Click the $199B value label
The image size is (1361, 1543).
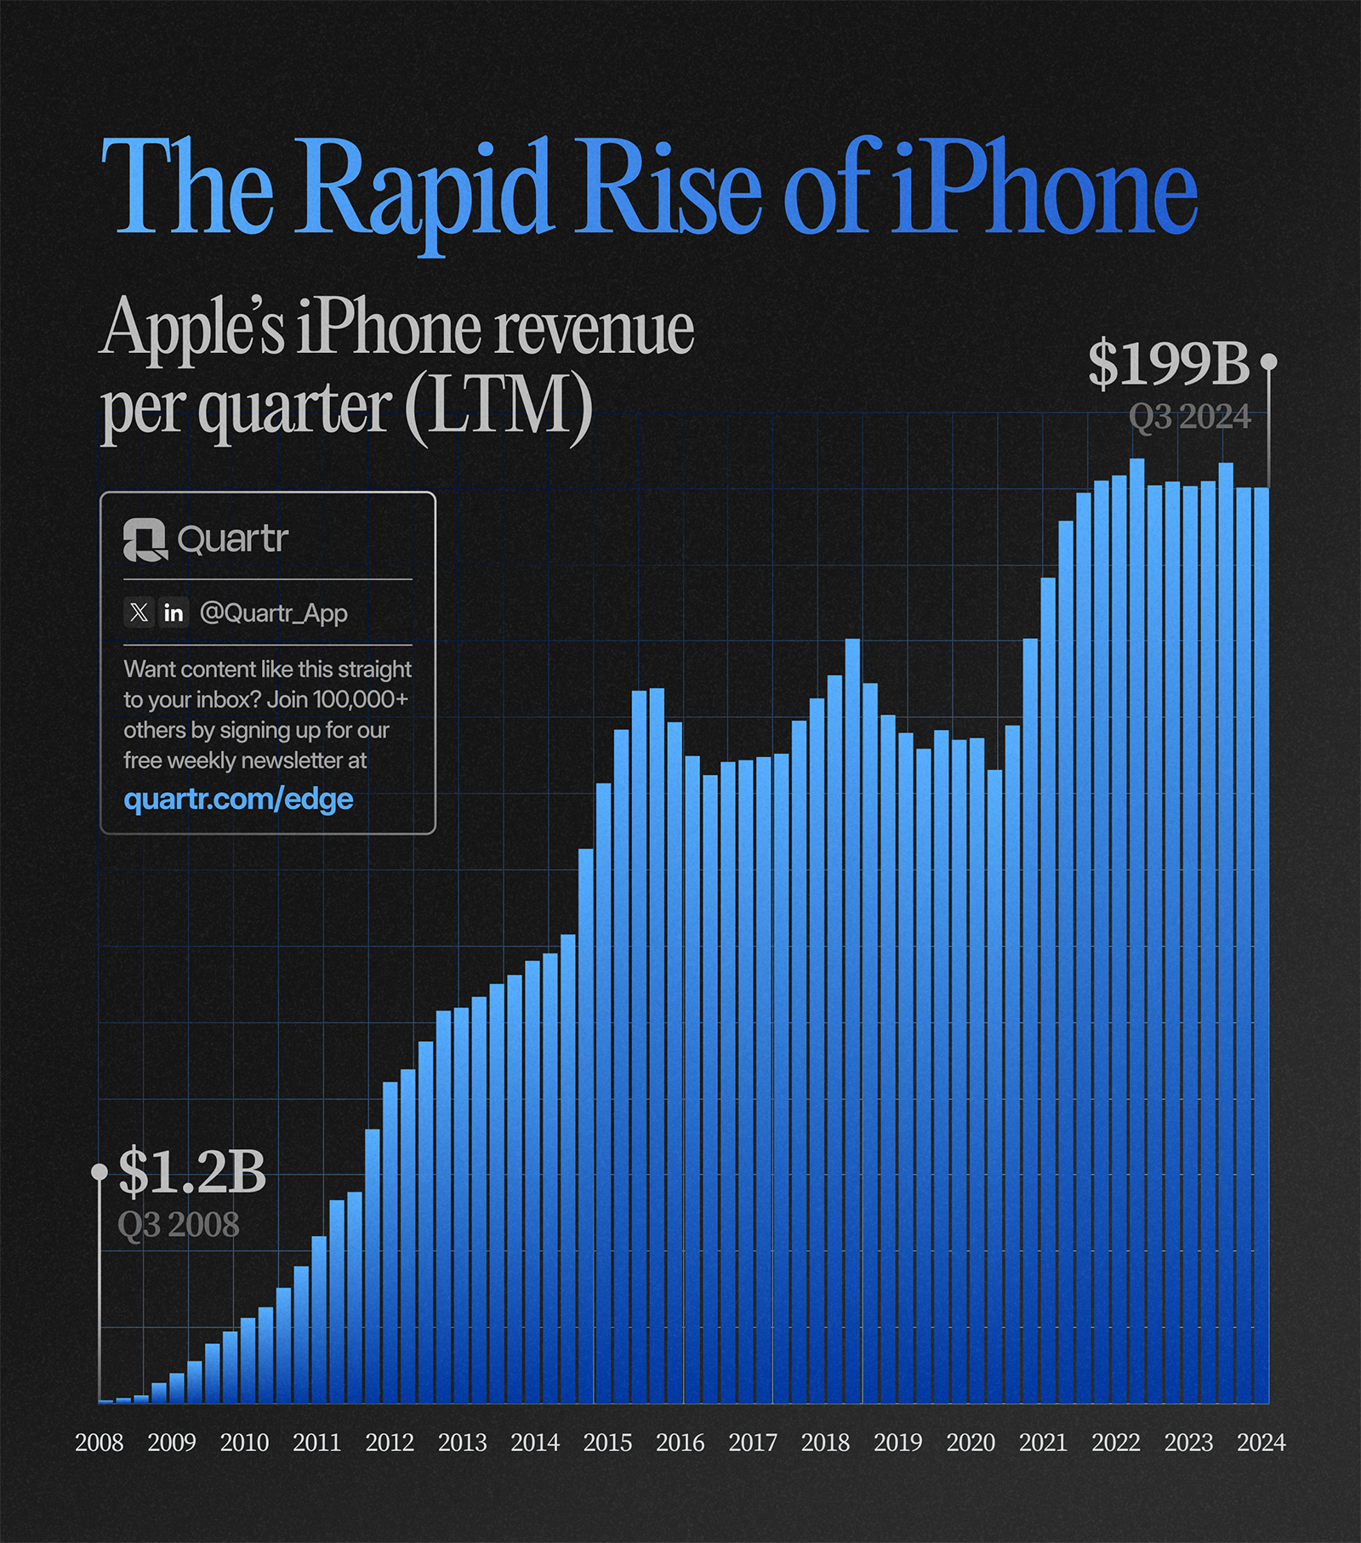(x=1169, y=364)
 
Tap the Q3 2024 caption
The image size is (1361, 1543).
(x=1189, y=418)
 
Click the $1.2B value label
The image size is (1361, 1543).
(x=192, y=1172)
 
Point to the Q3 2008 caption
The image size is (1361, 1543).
(x=179, y=1225)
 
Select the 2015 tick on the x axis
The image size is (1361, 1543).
(x=607, y=1443)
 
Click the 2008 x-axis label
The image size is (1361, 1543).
(x=100, y=1443)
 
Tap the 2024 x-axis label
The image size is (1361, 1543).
(x=1261, y=1443)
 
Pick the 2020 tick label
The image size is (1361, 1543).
(x=971, y=1443)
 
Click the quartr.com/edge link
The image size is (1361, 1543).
(x=238, y=799)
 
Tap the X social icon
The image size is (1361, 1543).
(x=139, y=612)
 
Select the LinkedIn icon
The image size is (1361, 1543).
(x=174, y=612)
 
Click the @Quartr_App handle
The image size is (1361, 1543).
(x=273, y=613)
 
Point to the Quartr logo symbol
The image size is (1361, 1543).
(x=145, y=540)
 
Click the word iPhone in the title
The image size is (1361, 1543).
(x=1044, y=189)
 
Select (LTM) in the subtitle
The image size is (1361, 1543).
(x=498, y=407)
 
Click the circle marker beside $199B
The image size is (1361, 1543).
(x=1268, y=362)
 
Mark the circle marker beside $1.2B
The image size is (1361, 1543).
(x=100, y=1172)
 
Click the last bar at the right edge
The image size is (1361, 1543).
(x=1261, y=936)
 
